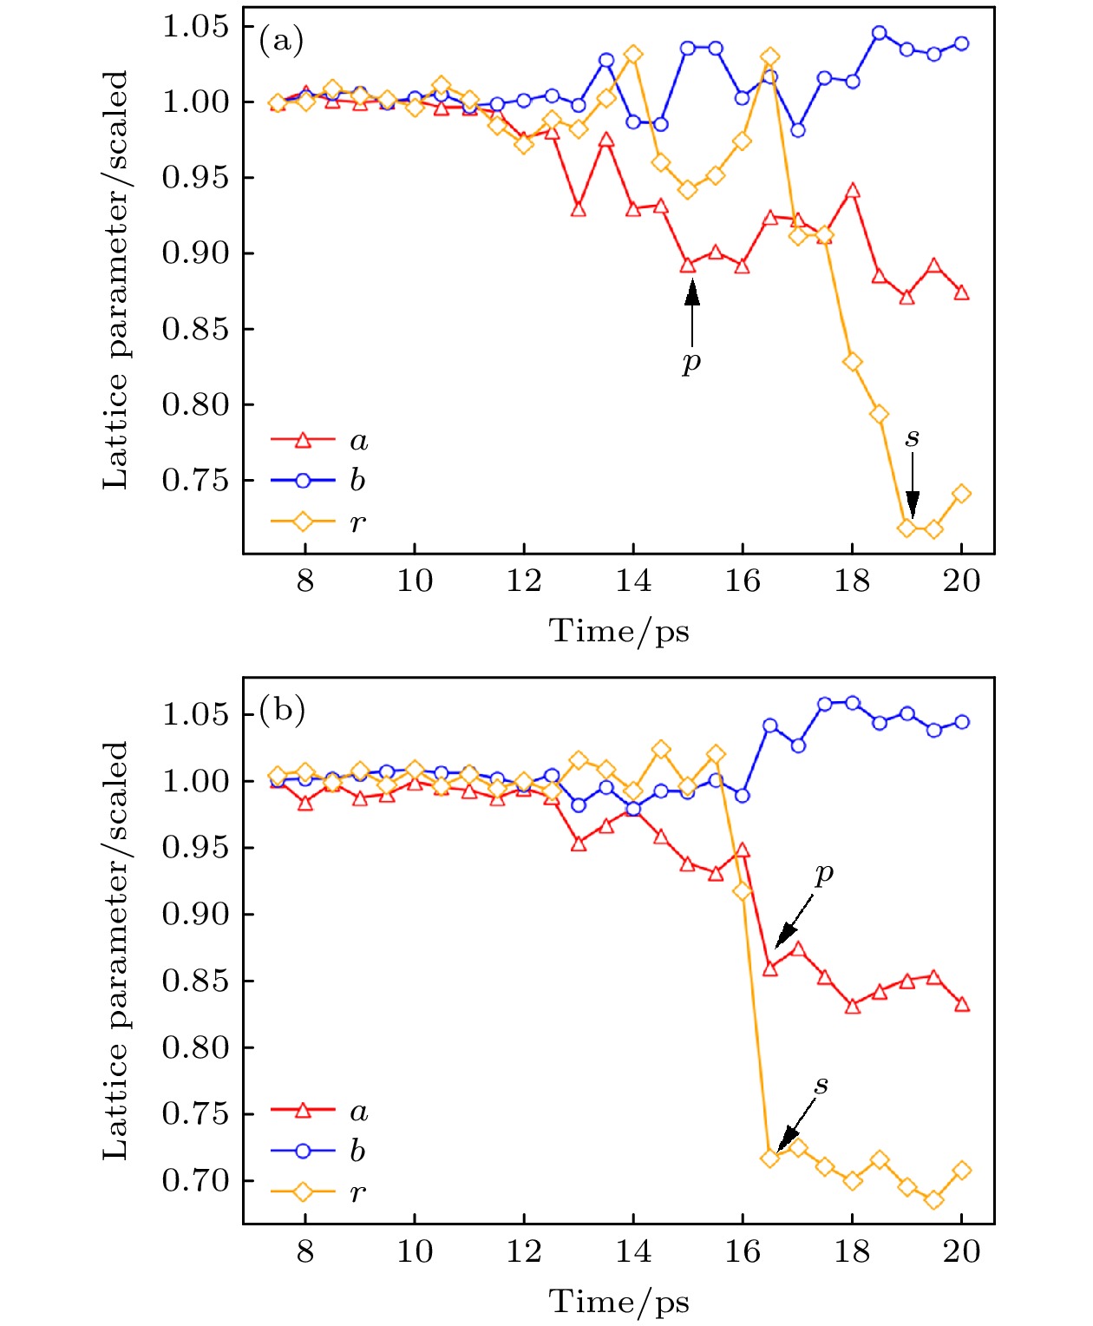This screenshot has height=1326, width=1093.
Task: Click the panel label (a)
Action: pyautogui.click(x=281, y=41)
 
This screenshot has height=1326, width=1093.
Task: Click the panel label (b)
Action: pyautogui.click(x=282, y=711)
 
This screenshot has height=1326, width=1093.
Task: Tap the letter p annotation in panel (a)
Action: pyautogui.click(x=690, y=361)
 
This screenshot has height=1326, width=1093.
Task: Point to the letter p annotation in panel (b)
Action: pyautogui.click(x=824, y=873)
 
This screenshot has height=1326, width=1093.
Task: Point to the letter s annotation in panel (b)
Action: pyautogui.click(x=821, y=1085)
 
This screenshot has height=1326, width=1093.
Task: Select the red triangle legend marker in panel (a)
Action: pyautogui.click(x=303, y=440)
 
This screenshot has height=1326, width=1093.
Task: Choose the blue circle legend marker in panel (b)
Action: pyautogui.click(x=303, y=1151)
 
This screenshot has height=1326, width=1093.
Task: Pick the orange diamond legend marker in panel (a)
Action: pyautogui.click(x=303, y=522)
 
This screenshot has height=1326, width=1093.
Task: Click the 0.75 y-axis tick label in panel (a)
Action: pyautogui.click(x=196, y=480)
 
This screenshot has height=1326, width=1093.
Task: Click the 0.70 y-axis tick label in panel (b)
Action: pyautogui.click(x=196, y=1180)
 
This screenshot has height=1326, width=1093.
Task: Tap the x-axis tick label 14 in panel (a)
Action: pyautogui.click(x=633, y=581)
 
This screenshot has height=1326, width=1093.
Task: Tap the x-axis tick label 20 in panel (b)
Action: pyautogui.click(x=961, y=1251)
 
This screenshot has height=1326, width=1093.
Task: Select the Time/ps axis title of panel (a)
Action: pyautogui.click(x=618, y=631)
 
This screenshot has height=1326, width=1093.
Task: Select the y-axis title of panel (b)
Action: pyautogui.click(x=115, y=950)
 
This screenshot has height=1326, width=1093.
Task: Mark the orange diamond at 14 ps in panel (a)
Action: pyautogui.click(x=633, y=55)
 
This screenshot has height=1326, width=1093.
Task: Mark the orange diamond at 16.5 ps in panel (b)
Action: pyautogui.click(x=769, y=1158)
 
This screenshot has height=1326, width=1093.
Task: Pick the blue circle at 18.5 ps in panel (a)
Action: pyautogui.click(x=880, y=33)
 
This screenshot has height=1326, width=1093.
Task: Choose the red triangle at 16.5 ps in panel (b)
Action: pyautogui.click(x=769, y=968)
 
